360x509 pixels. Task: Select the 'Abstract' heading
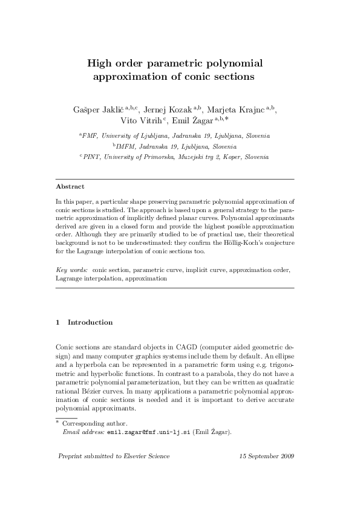tap(70, 186)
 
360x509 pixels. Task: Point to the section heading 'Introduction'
tap(90, 323)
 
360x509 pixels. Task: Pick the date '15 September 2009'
tap(266, 473)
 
